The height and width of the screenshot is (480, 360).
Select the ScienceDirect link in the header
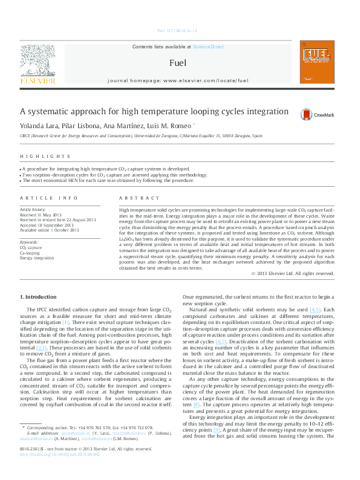click(208, 47)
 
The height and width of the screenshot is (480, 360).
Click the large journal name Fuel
click(177, 62)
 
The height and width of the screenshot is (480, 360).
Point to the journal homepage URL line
click(177, 80)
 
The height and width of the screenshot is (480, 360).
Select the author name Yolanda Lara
click(38, 125)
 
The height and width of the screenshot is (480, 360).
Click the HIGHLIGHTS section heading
click(38, 156)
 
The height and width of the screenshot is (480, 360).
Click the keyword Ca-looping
click(30, 253)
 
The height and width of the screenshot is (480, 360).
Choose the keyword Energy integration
click(37, 258)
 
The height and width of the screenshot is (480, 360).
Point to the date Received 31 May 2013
click(41, 215)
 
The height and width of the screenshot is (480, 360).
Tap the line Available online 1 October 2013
click(50, 230)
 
